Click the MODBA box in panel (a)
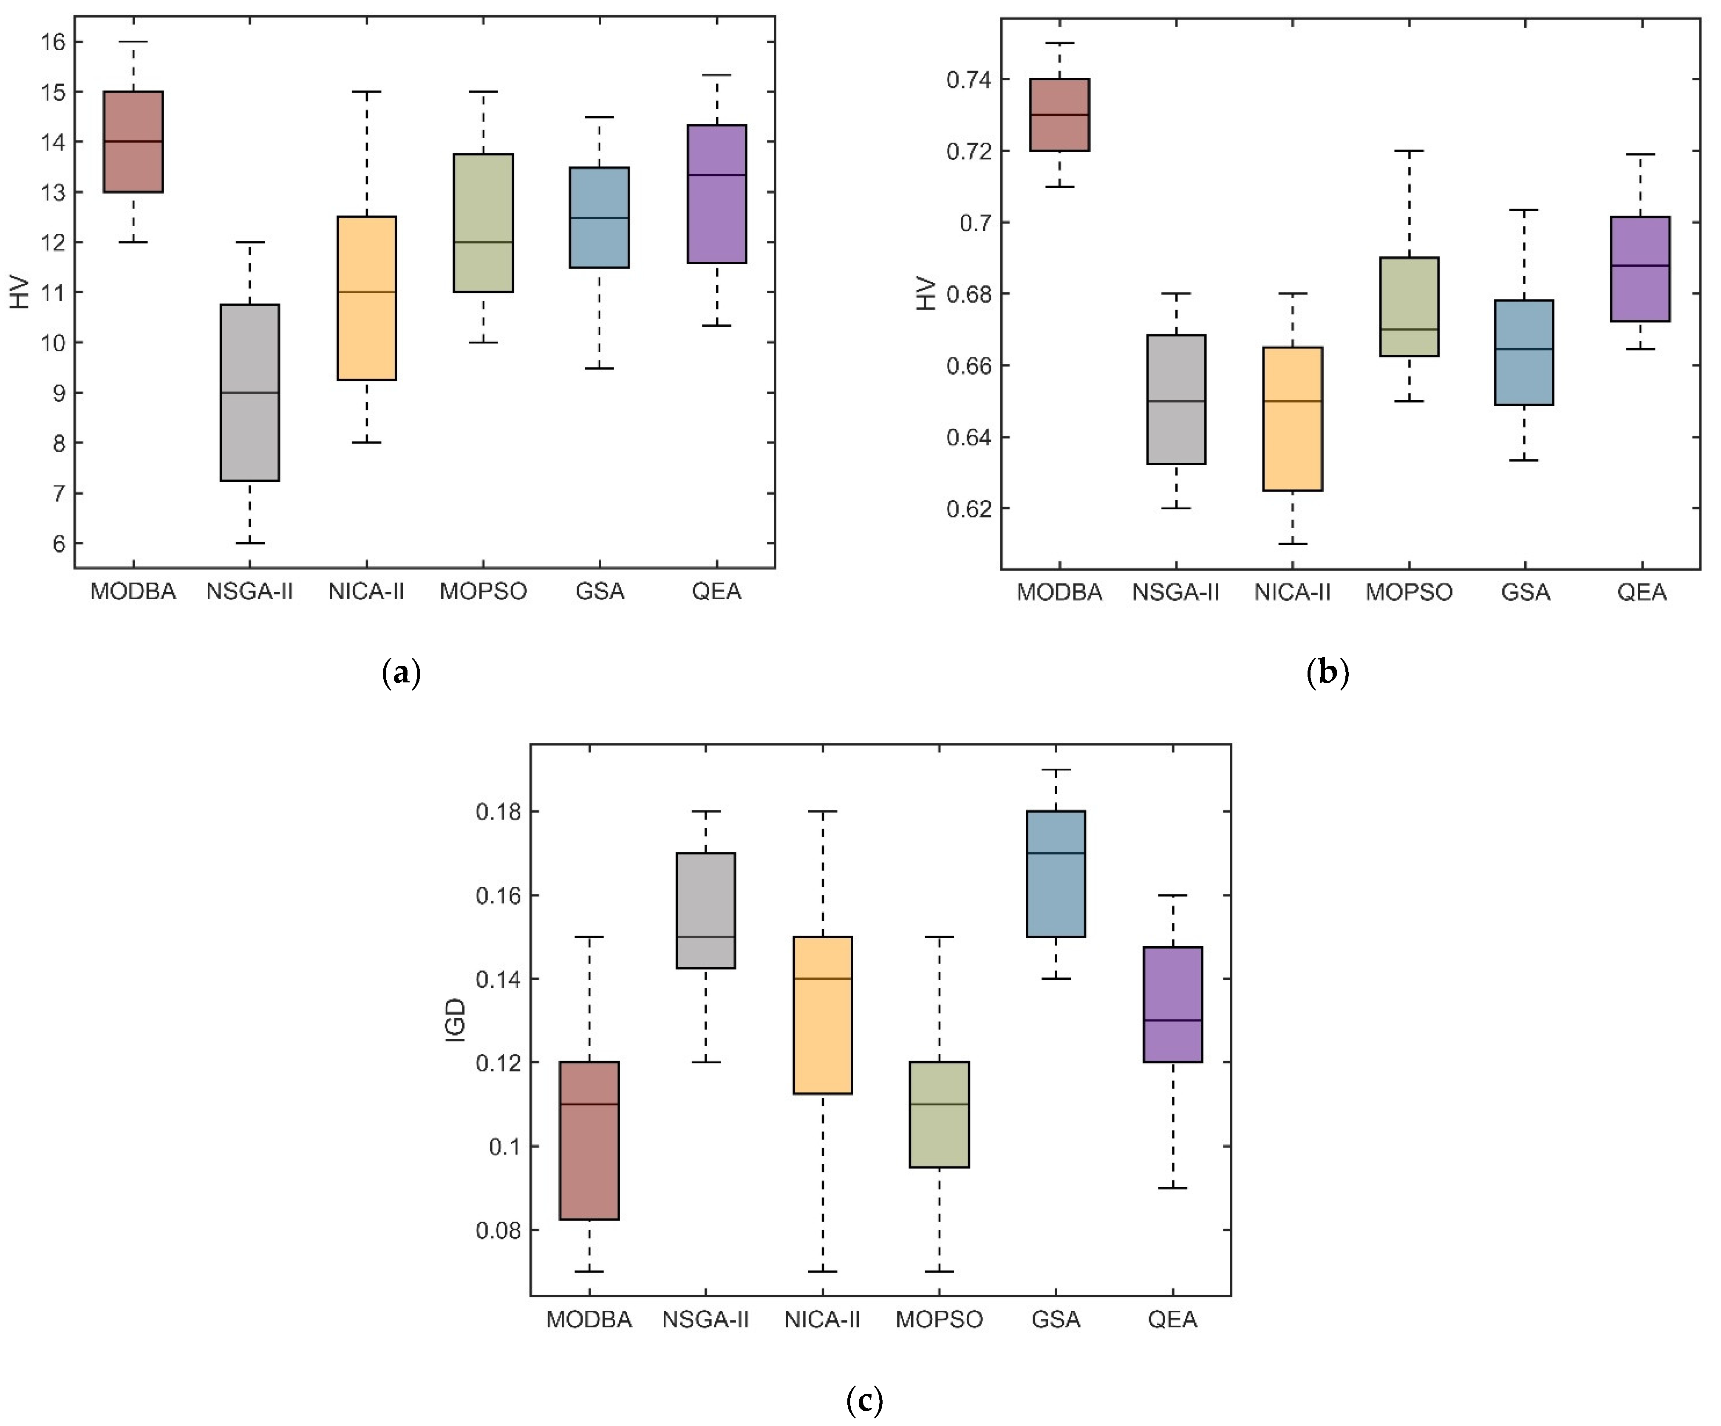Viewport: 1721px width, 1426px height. point(133,142)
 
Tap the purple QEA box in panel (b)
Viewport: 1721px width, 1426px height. point(1641,269)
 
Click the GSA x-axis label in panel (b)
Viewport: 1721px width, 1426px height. point(1525,592)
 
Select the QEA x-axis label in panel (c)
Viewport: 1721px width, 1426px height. point(1173,1319)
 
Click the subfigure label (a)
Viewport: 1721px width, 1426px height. point(402,673)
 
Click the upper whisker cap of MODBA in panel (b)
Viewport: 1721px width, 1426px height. point(1060,42)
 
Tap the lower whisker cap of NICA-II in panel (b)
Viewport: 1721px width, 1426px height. point(1292,543)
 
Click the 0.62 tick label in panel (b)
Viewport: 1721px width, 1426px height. point(968,509)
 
